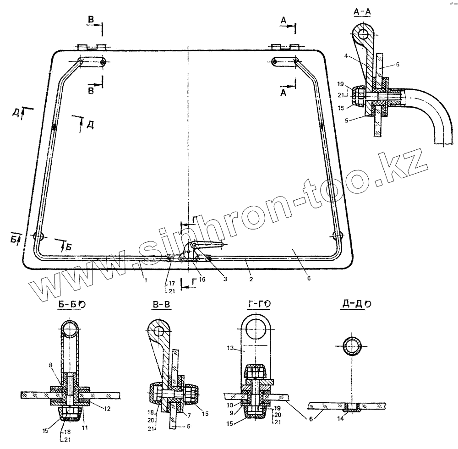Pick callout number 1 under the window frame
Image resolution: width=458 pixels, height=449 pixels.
click(x=145, y=280)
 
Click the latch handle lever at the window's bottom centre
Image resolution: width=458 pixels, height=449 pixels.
click(x=208, y=245)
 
